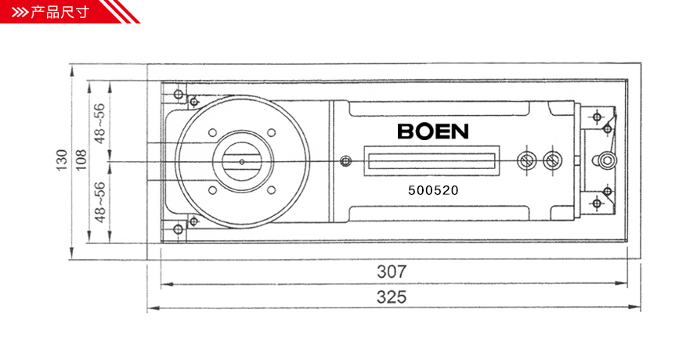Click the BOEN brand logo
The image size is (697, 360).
click(433, 131)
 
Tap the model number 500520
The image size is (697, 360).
click(433, 190)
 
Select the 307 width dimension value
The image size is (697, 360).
click(392, 272)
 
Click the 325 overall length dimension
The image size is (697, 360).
click(392, 297)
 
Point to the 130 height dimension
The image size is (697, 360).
click(61, 160)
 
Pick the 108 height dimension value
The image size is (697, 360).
click(81, 160)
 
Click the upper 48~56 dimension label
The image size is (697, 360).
click(100, 124)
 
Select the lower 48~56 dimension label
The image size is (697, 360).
click(100, 202)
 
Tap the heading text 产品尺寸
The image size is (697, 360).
click(60, 12)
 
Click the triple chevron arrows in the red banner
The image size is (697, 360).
click(20, 13)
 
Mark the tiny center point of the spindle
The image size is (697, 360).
click(242, 162)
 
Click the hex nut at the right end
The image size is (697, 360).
click(606, 160)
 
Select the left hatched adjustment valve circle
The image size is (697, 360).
click(527, 161)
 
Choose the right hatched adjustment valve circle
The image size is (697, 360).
click(553, 161)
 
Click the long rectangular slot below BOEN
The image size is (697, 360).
click(432, 160)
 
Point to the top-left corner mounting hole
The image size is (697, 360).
click(179, 94)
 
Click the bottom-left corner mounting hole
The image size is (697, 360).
click(179, 229)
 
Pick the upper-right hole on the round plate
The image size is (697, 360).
click(271, 132)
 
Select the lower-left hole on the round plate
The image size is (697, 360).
click(212, 191)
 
